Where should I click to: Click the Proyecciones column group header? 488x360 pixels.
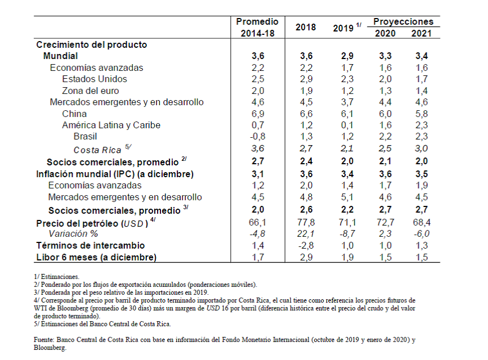click(403, 21)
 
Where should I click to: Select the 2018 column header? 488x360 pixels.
click(305, 27)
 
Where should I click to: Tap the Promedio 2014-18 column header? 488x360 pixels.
click(257, 27)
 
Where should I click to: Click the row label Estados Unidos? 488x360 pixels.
click(95, 79)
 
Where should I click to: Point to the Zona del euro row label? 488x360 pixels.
click(91, 91)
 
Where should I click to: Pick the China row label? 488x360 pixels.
click(74, 114)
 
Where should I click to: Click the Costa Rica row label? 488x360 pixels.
click(99, 150)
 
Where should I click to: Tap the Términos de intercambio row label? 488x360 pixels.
click(91, 245)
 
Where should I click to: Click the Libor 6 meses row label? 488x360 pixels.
click(96, 257)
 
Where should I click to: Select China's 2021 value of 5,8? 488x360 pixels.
click(421, 114)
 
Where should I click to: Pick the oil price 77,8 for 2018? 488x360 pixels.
click(305, 223)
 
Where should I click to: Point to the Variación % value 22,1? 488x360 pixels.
click(305, 234)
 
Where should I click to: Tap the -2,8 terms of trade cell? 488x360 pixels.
click(305, 245)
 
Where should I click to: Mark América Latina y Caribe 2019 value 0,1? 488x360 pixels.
click(347, 125)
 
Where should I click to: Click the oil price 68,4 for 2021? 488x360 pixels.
click(421, 223)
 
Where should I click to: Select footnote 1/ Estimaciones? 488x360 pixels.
click(57, 277)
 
